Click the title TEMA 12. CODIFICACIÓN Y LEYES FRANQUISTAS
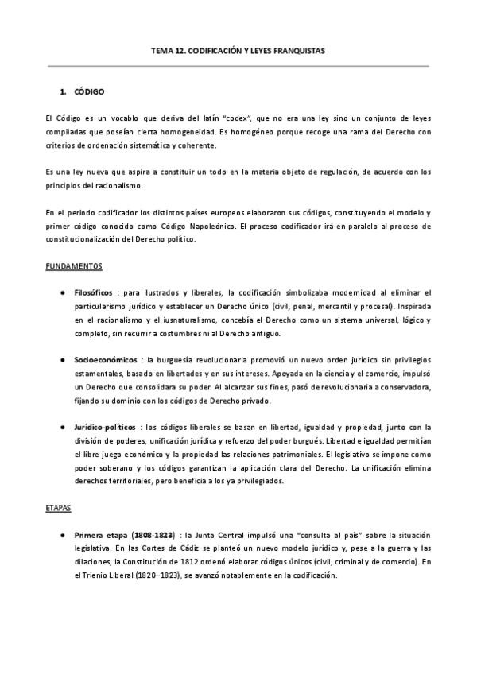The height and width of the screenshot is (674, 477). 238,50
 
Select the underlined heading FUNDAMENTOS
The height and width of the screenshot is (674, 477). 73,266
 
